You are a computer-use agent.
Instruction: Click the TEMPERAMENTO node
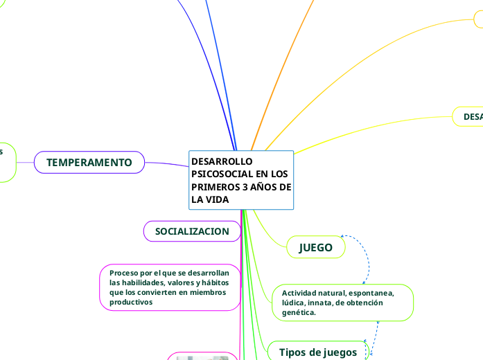point(89,162)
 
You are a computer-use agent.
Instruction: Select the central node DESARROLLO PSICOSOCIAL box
point(241,179)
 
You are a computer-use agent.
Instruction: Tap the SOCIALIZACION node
point(192,231)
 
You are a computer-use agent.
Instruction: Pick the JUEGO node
point(315,247)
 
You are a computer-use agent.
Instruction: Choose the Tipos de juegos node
point(317,352)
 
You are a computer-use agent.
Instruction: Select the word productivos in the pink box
point(131,302)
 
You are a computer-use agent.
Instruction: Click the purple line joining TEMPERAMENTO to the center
point(166,164)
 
